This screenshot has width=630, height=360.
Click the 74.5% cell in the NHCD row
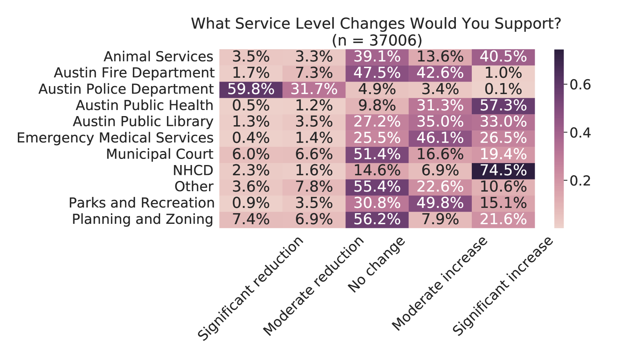click(x=503, y=171)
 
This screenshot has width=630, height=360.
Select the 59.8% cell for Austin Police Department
click(x=251, y=90)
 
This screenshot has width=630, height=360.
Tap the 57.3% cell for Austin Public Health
click(x=503, y=106)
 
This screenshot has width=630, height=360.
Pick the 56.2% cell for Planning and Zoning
click(x=377, y=220)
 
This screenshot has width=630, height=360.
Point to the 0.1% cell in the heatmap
click(x=503, y=90)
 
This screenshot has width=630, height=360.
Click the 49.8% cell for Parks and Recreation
click(x=440, y=203)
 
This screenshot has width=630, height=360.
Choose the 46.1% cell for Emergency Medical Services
click(x=440, y=138)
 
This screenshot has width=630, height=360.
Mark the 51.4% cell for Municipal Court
click(x=377, y=154)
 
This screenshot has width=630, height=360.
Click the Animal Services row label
click(x=158, y=57)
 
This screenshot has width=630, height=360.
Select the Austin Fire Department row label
click(x=134, y=73)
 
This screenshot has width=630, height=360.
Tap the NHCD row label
click(x=193, y=171)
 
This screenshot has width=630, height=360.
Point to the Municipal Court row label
click(x=160, y=154)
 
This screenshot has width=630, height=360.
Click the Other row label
click(x=194, y=187)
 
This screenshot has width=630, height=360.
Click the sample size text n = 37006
click(x=377, y=40)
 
